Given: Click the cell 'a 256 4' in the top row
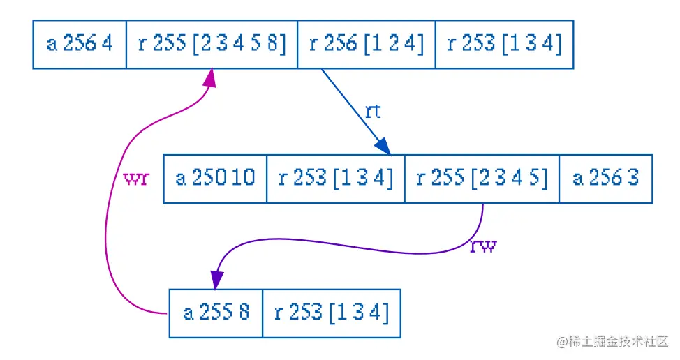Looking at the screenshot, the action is [x=80, y=44].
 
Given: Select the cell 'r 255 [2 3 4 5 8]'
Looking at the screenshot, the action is [x=212, y=44].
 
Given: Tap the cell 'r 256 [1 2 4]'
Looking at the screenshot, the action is [x=366, y=44].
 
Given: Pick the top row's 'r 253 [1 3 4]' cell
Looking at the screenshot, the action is [x=504, y=44].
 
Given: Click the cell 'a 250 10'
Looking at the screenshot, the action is [x=215, y=179].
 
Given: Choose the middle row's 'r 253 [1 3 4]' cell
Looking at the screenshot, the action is [x=335, y=179].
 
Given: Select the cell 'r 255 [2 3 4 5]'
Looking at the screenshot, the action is [x=482, y=179].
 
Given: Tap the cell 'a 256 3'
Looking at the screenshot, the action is [x=605, y=179].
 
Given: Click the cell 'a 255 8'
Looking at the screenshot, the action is [x=216, y=313].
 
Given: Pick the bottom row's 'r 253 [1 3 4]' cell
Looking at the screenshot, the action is [x=331, y=313].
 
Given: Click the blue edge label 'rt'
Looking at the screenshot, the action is [x=373, y=112].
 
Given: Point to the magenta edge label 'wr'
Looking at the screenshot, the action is [x=136, y=179].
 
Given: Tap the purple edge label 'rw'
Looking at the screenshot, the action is [x=482, y=246].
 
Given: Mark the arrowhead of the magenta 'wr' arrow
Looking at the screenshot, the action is [x=210, y=77].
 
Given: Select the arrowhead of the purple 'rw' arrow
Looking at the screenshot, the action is [x=218, y=280].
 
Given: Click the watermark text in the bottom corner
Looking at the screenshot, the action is [x=612, y=342].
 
